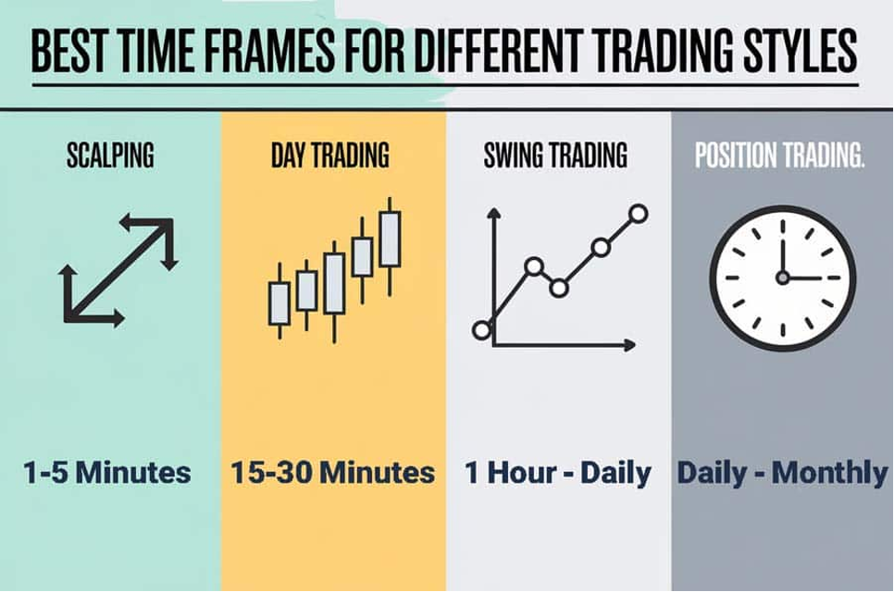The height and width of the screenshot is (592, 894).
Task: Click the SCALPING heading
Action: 110,155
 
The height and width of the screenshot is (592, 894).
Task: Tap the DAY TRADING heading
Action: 330,155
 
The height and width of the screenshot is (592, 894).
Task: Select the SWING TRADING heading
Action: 555,155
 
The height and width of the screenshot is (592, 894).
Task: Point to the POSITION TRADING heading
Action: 779,155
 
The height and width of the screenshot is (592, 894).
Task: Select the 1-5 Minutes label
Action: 107,473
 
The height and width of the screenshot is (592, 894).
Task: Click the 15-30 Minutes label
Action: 333,473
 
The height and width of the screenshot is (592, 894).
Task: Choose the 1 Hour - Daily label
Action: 558,473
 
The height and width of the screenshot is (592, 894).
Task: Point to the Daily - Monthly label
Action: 782,473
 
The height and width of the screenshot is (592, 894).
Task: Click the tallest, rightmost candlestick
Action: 390,246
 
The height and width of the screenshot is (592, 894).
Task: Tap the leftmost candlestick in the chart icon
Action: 279,301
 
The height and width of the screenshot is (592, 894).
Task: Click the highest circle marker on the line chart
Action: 639,214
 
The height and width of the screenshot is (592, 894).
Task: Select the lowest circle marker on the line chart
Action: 482,330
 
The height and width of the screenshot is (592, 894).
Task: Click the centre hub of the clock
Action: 783,278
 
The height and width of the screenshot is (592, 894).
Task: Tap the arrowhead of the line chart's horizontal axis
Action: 630,345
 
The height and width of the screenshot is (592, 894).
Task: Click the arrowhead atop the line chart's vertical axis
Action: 494,213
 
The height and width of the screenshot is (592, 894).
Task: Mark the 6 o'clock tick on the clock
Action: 783,330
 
